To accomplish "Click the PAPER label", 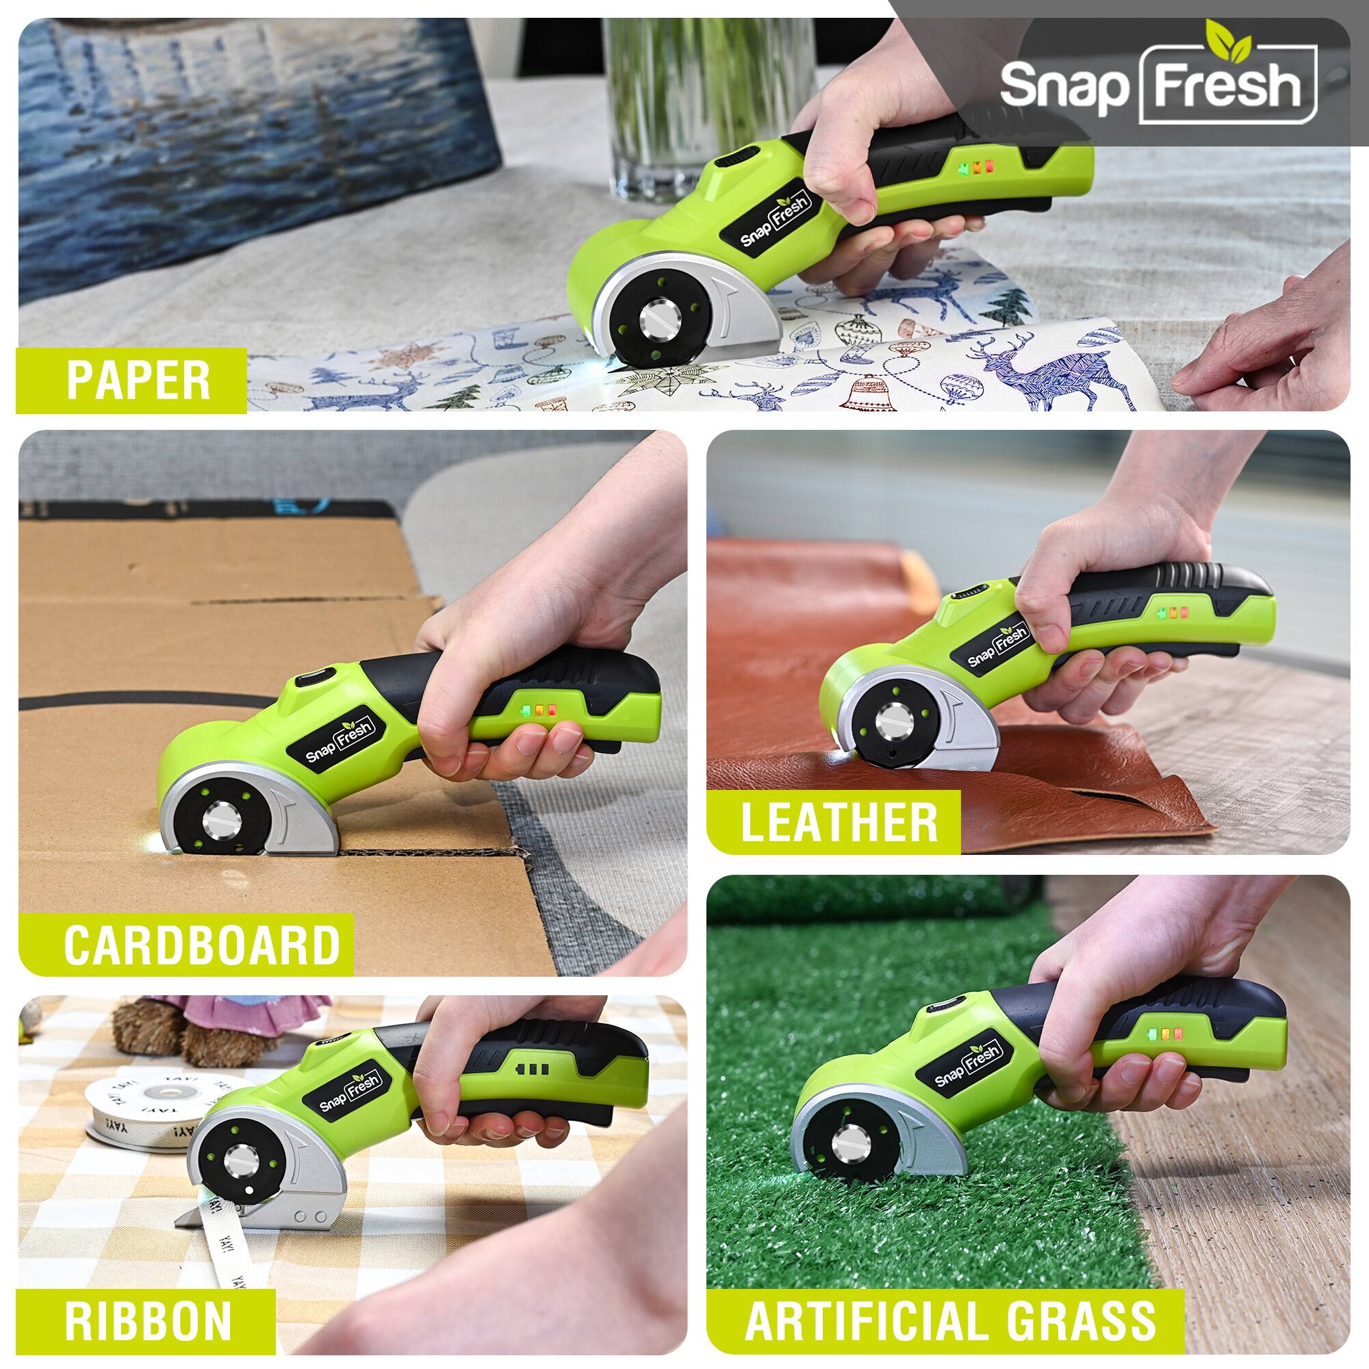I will (x=138, y=381).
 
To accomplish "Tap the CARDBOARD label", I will (x=202, y=945).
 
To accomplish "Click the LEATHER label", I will (x=839, y=821).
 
